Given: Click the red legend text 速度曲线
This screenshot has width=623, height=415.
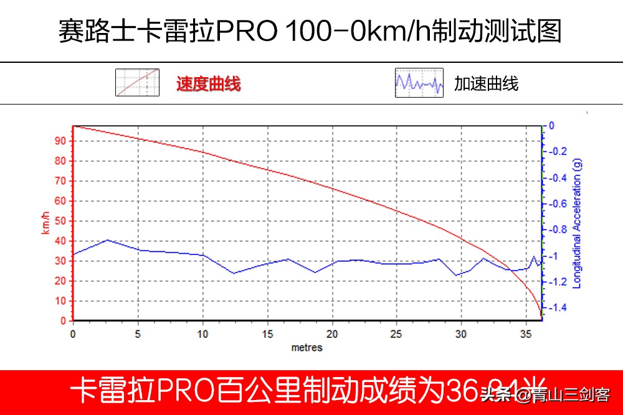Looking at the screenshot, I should (x=208, y=83).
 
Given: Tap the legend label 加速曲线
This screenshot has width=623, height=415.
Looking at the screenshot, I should (x=486, y=83).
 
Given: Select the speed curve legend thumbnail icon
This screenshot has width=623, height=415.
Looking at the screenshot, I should (x=137, y=82).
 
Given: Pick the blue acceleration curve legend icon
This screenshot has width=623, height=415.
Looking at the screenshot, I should (x=419, y=82).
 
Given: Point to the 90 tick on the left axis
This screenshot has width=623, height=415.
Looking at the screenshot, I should (x=61, y=141).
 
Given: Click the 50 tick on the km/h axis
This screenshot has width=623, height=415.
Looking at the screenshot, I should (x=61, y=221).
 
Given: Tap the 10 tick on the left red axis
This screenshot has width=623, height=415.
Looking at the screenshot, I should (x=61, y=301).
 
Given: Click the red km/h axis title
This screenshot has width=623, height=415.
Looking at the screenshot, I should (x=45, y=223).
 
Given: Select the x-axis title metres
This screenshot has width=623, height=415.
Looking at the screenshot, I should (x=307, y=347).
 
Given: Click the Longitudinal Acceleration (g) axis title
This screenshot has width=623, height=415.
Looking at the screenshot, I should (x=577, y=223).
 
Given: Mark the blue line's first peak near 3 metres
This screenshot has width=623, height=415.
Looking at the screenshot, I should (x=107, y=240).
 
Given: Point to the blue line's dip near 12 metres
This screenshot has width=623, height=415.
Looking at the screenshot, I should (x=234, y=273).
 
